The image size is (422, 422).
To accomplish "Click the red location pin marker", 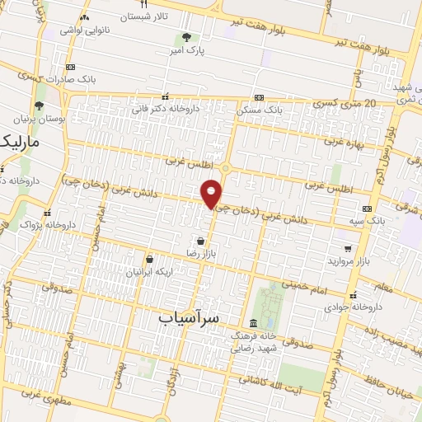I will click(212, 193).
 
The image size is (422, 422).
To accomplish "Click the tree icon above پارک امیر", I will click(186, 37).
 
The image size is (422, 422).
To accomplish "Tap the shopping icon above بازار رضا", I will click(201, 241).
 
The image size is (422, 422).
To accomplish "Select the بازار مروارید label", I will click(346, 260).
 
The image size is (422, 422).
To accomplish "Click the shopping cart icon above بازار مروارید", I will click(347, 247).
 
